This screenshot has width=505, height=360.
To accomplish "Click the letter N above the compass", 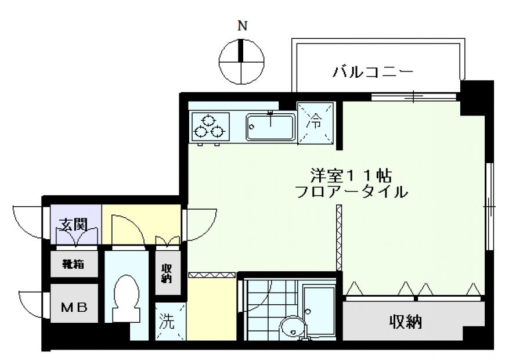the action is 242,26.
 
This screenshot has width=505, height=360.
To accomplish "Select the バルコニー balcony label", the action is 373,71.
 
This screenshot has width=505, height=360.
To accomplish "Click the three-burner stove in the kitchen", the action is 210,127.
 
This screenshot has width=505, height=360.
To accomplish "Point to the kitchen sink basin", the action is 270,127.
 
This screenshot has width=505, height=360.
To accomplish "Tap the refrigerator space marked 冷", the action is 315,123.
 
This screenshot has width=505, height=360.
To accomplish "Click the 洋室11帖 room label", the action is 351,176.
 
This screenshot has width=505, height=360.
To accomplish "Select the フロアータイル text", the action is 351,192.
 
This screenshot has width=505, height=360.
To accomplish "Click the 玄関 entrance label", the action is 74,224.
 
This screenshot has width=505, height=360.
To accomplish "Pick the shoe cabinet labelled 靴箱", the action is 74,264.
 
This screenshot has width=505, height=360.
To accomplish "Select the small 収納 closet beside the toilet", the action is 168,273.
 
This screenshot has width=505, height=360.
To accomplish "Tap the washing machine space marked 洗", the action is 171,321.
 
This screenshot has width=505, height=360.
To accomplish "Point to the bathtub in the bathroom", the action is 319,309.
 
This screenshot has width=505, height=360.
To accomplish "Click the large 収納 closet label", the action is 406,322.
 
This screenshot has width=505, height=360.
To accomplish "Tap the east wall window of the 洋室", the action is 489,206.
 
